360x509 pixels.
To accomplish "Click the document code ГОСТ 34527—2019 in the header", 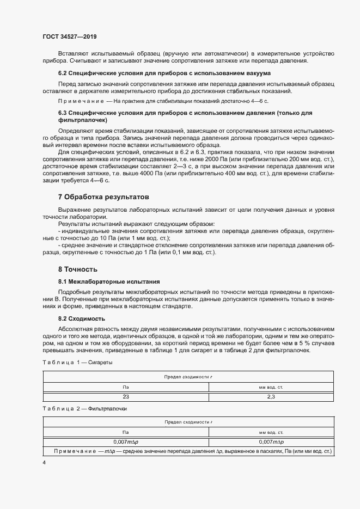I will (x=69, y=37).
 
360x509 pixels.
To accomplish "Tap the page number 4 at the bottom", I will (x=44, y=462).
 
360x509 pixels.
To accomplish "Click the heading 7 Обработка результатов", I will (x=103, y=196).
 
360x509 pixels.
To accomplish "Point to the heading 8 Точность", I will (x=77, y=269).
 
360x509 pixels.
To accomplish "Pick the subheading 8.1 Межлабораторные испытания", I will (x=109, y=281).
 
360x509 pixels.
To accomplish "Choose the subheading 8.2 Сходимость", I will (x=82, y=318).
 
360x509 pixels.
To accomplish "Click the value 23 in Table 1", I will (x=125, y=397).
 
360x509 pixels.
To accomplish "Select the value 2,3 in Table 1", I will (x=271, y=397).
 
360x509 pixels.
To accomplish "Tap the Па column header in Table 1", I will (x=125, y=387).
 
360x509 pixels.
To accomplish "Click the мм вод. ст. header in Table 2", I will (x=271, y=432).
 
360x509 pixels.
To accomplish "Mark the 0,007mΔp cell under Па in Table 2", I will (x=125, y=441).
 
